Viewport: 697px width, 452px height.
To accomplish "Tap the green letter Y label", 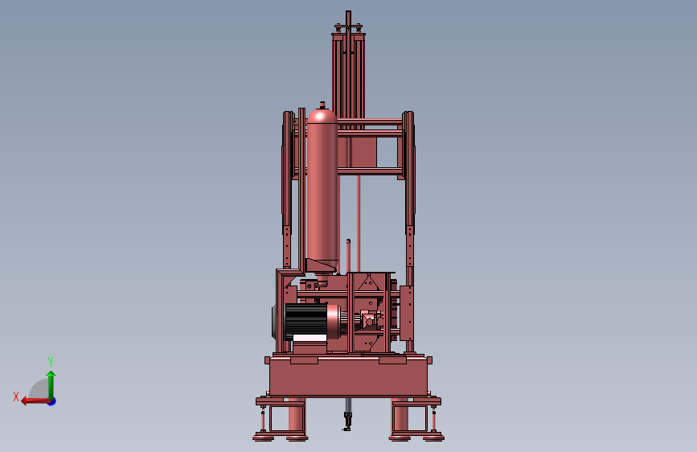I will pos(51,361).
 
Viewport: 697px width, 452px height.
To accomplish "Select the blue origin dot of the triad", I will pos(51,401).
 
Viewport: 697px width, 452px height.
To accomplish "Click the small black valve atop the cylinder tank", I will pos(322,104).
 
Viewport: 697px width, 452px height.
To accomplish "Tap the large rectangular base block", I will pos(349,376).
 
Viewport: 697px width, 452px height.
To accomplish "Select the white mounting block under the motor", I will pos(310,346).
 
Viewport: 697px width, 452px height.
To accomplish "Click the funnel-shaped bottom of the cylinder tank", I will pos(322,265).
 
